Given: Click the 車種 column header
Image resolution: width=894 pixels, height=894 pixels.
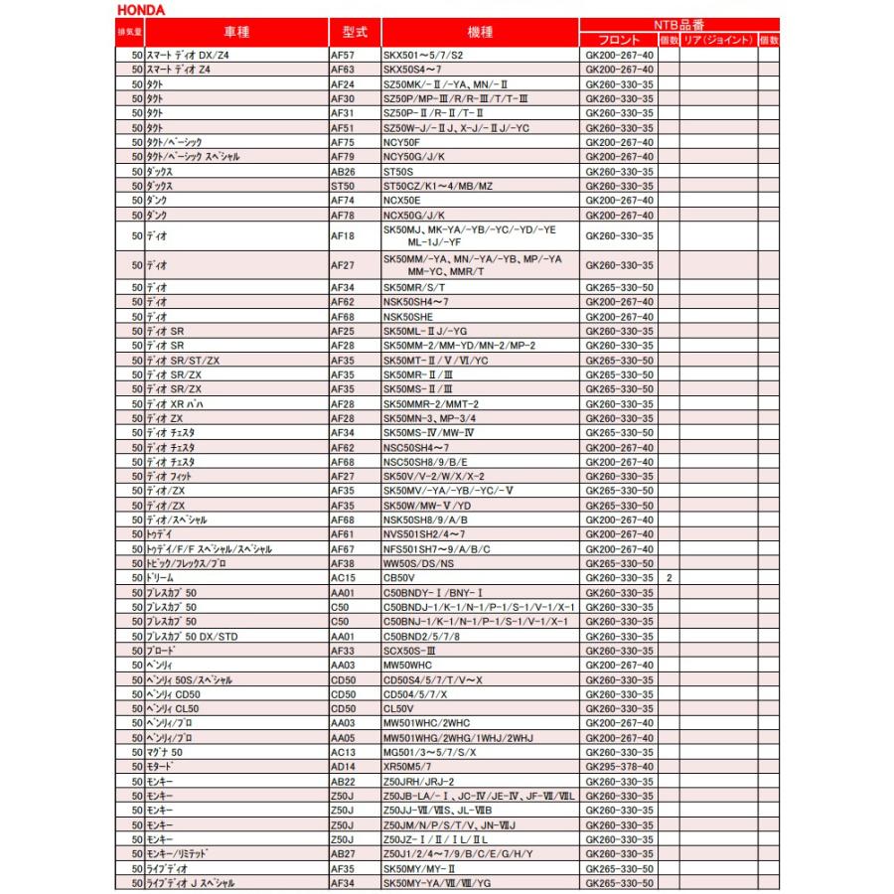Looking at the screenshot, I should pyautogui.click(x=237, y=32).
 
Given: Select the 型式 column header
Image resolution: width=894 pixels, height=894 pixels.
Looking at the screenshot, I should pyautogui.click(x=355, y=32).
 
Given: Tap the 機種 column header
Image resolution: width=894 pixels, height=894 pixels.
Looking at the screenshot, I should pyautogui.click(x=480, y=32).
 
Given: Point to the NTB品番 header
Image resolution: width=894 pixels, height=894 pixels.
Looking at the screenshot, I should pyautogui.click(x=679, y=25).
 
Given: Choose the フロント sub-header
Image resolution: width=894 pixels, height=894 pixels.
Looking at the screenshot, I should pyautogui.click(x=620, y=40).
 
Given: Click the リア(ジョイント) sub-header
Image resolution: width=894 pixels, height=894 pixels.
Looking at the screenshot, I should pyautogui.click(x=718, y=40).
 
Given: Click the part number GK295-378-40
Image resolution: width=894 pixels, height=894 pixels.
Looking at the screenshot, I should pyautogui.click(x=620, y=767).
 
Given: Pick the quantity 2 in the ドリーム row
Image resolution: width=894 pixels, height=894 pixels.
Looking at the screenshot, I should pyautogui.click(x=670, y=577).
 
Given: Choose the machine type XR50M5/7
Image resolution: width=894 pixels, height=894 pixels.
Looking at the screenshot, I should pyautogui.click(x=408, y=767).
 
